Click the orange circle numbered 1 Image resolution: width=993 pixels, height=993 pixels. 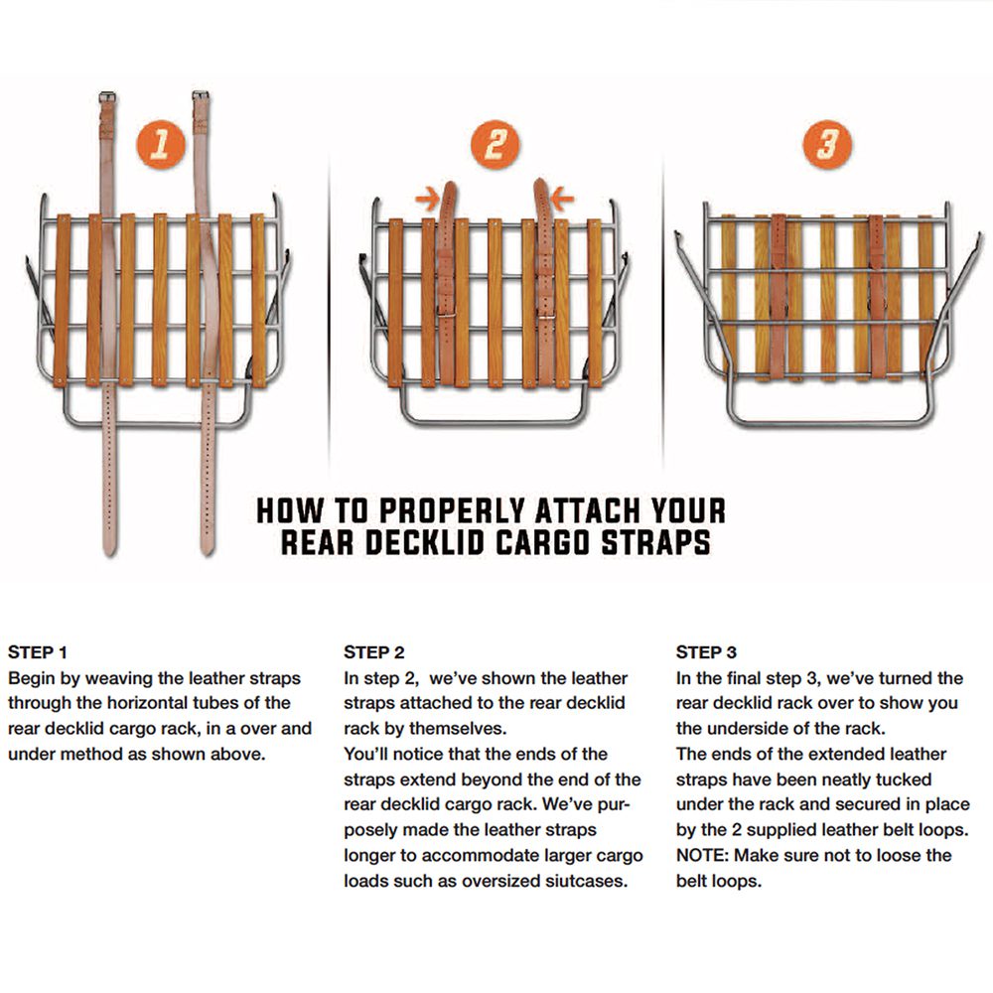[x=161, y=144]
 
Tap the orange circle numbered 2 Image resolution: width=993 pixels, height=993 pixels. [x=496, y=144]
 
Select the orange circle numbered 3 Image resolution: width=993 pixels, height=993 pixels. [x=827, y=144]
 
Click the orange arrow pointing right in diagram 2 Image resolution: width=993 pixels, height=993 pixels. [x=427, y=199]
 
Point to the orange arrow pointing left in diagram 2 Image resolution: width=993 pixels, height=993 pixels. [x=562, y=199]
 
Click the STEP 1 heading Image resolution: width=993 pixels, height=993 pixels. [x=38, y=652]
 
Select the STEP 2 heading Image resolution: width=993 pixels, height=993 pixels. [x=373, y=652]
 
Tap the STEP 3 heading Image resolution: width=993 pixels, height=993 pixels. [x=706, y=652]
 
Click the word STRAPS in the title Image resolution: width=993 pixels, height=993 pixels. [x=655, y=543]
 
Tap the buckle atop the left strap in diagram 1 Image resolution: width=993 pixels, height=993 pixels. [x=107, y=97]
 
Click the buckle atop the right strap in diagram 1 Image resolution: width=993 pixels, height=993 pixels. [x=201, y=95]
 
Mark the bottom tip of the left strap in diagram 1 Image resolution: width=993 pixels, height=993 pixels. [x=110, y=555]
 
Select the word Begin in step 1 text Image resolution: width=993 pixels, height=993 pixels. [x=32, y=678]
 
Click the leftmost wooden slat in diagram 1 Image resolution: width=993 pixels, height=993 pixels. [x=62, y=300]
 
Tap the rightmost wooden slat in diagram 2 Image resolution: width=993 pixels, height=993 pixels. [x=595, y=303]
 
